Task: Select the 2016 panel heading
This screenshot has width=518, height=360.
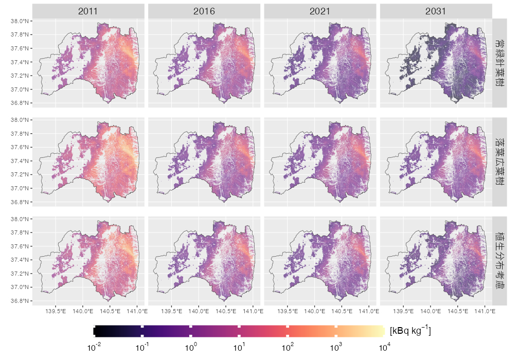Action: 204,11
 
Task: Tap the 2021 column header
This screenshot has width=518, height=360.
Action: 320,11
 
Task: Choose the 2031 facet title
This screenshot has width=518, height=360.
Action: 436,11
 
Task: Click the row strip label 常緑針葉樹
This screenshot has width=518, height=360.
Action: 499,63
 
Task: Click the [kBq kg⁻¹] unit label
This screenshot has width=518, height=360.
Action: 410,331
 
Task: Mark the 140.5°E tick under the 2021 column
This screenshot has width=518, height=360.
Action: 342,311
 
